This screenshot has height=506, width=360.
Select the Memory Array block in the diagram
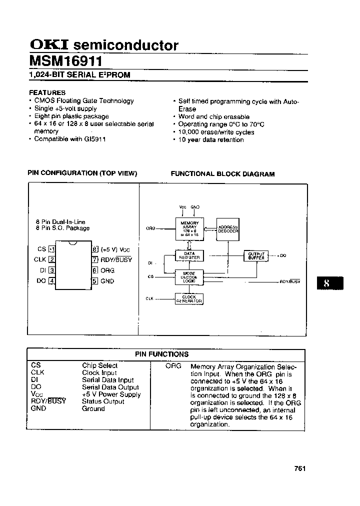pos(189,227)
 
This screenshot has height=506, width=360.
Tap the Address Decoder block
pos(228,229)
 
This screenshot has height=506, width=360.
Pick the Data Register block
pos(189,255)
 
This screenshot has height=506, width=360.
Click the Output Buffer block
pos(256,255)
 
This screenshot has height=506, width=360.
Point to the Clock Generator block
pos(189,299)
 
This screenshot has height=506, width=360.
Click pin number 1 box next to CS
pos(52,249)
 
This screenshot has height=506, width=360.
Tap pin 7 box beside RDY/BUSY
pos(95,259)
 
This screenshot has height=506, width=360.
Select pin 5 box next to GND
pos(95,281)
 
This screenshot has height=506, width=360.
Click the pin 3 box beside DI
pos(52,270)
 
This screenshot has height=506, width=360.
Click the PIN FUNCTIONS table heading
pos(161,354)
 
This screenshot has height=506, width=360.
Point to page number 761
pos(300,468)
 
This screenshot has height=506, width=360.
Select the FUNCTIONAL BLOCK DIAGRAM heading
pos(223,174)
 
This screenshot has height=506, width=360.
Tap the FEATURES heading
pos(47,92)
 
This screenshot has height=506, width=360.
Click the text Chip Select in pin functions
pos(100,365)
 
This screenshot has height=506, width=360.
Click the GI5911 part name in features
pos(94,139)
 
